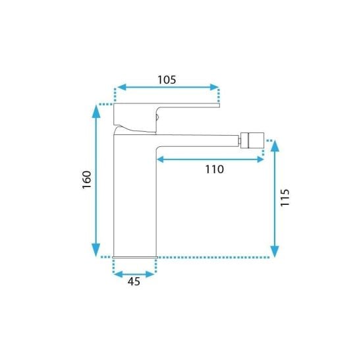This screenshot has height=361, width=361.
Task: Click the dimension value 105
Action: point(167,80)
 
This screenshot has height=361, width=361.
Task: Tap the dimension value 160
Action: point(87,180)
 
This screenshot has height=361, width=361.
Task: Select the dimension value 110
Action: point(214,169)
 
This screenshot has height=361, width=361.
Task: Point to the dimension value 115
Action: point(285,198)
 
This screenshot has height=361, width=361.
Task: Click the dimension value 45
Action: point(134,281)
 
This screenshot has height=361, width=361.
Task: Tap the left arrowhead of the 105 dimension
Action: point(122,87)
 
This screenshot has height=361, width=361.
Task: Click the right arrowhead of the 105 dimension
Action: point(214,87)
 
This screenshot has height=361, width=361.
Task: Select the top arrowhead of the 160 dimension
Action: point(96,111)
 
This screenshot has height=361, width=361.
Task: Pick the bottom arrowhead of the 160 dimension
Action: point(96,250)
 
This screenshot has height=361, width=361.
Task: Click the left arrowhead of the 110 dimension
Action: point(160,159)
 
